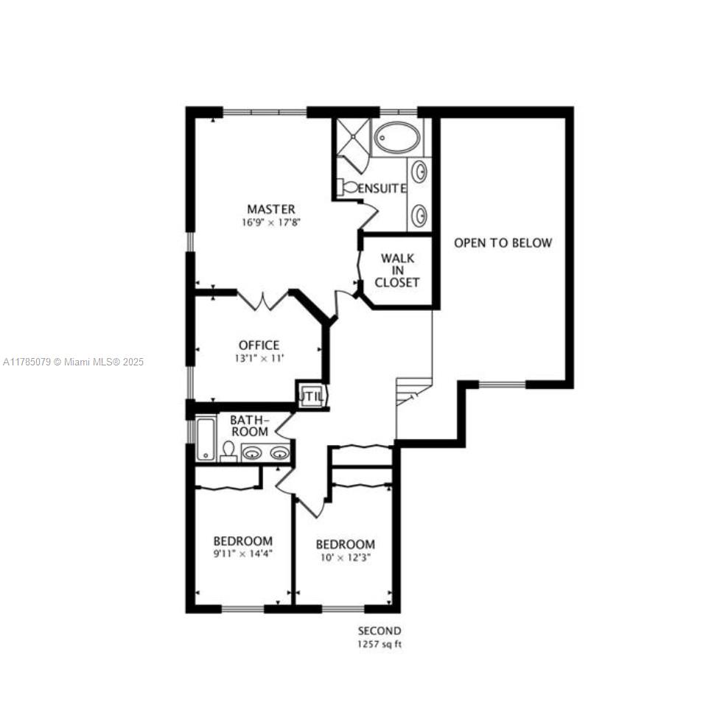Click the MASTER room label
[x=271, y=209]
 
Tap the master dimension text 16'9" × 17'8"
[x=271, y=222]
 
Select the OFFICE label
[x=259, y=345]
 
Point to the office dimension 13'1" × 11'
[x=259, y=358]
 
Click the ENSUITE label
[x=382, y=189]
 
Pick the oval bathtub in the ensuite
[x=396, y=137]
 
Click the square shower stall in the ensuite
[x=353, y=137]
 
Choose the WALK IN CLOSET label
[x=397, y=270]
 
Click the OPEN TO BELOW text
[x=503, y=242]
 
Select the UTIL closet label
[x=311, y=396]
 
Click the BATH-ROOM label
[x=249, y=426]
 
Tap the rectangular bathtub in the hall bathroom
[x=206, y=439]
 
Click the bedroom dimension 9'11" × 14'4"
[x=242, y=553]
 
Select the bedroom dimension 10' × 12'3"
[x=346, y=558]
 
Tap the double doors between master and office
[x=262, y=301]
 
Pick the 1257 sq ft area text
[x=380, y=644]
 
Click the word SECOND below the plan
[x=380, y=631]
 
